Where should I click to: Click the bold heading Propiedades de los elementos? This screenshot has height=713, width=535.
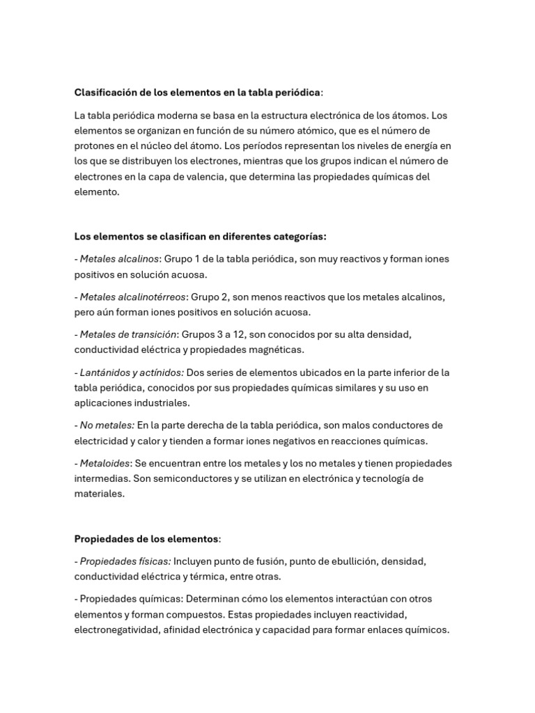146,539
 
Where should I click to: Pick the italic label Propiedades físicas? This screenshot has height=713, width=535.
125,561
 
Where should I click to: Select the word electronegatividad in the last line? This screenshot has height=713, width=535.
115,629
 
